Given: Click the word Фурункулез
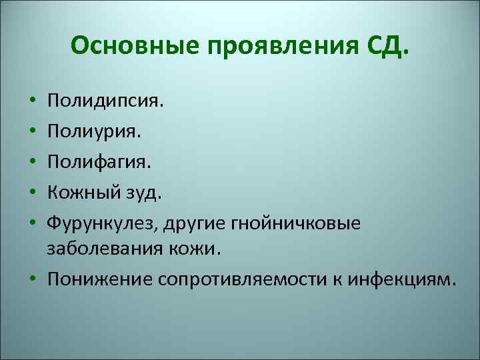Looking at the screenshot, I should click(x=94, y=223).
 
